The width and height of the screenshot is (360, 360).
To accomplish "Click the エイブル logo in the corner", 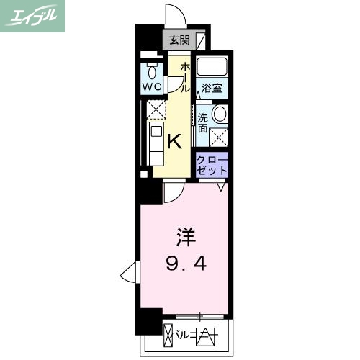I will pyautogui.click(x=34, y=16).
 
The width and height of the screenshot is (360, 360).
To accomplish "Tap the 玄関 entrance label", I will pyautogui.click(x=180, y=40).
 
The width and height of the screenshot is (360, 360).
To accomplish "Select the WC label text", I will pyautogui.click(x=151, y=87).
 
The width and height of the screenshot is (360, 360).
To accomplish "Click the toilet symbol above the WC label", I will pyautogui.click(x=151, y=72).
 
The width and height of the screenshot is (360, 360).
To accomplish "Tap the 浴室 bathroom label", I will pyautogui.click(x=211, y=89).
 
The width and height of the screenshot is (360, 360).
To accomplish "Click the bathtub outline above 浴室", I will pyautogui.click(x=212, y=68).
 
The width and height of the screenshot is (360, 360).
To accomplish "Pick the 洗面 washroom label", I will pyautogui.click(x=203, y=122).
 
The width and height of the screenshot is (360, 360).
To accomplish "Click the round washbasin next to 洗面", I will pyautogui.click(x=219, y=113).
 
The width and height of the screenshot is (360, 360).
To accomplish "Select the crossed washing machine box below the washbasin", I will pyautogui.click(x=219, y=135).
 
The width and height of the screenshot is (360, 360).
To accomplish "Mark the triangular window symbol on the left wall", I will pyautogui.click(x=129, y=272).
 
